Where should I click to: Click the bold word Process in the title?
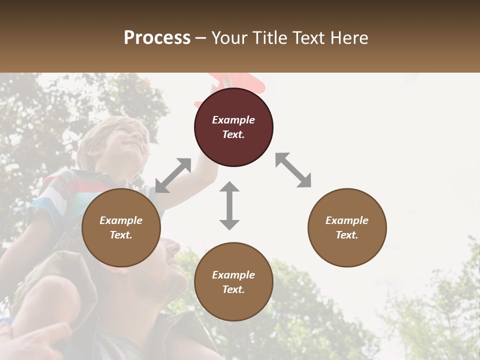[x=157, y=38]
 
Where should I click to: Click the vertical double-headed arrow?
[x=229, y=205]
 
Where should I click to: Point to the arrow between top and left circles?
[x=173, y=175]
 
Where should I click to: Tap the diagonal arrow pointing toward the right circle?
[x=293, y=170]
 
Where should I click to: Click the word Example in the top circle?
[x=233, y=120]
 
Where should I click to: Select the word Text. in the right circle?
[x=347, y=235]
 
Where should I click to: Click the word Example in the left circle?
[x=121, y=220]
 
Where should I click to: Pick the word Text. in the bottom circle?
[x=233, y=289]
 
